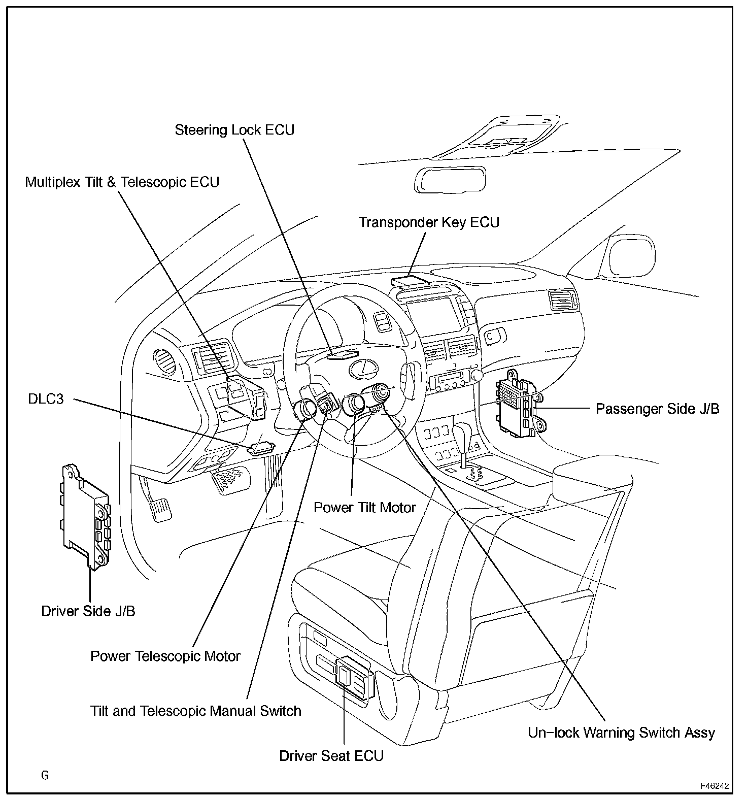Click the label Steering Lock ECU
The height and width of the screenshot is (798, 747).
pos(234,130)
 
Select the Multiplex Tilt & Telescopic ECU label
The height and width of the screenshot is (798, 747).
pos(122,182)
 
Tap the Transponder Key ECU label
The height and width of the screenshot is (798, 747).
pos(429,222)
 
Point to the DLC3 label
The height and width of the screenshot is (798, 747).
pos(46,399)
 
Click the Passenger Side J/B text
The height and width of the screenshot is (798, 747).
pos(657,409)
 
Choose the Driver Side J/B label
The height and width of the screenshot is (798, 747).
pos(88,611)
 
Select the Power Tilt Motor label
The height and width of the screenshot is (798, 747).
pos(364,507)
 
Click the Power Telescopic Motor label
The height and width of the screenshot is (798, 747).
pos(165,656)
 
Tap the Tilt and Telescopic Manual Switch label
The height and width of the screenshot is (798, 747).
pos(195,711)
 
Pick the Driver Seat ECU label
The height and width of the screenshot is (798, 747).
pos(331,755)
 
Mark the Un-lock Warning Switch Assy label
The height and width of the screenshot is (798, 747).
pos(621,733)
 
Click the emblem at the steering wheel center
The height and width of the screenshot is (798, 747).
pos(362,369)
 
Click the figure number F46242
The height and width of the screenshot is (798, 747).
pos(715,786)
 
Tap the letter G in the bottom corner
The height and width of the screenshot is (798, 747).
pos(45,775)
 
